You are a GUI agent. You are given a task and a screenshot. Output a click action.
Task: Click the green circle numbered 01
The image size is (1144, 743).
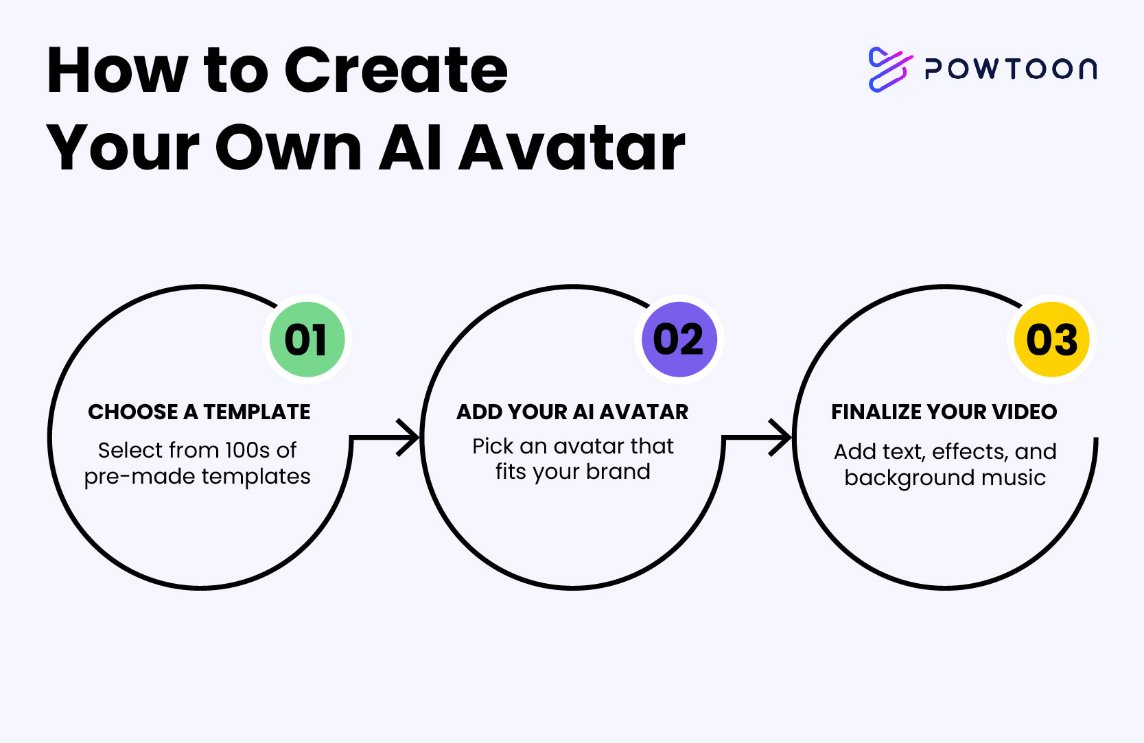(x=307, y=340)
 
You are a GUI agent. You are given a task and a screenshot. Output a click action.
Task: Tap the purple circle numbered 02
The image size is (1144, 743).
(x=679, y=340)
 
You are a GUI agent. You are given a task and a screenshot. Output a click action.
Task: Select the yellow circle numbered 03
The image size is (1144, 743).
(x=1051, y=340)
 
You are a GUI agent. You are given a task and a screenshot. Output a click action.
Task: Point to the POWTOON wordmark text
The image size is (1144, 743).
(x=1011, y=69)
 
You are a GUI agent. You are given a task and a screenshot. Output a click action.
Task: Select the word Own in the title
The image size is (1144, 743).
(x=288, y=148)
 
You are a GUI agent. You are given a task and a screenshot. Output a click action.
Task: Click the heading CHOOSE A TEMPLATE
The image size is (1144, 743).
(x=199, y=412)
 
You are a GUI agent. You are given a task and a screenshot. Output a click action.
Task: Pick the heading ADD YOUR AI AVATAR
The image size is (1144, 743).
(x=572, y=412)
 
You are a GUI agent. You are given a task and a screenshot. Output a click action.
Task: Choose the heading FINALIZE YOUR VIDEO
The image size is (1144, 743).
(x=944, y=412)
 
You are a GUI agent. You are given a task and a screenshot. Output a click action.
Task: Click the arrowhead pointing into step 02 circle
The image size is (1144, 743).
(x=408, y=438)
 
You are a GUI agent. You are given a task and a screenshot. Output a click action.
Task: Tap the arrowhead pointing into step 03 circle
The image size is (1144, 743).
(x=780, y=438)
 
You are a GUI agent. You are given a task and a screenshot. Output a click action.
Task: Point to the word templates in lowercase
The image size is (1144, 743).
(x=256, y=477)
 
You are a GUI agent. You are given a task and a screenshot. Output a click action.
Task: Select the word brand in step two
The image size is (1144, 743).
(x=618, y=471)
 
